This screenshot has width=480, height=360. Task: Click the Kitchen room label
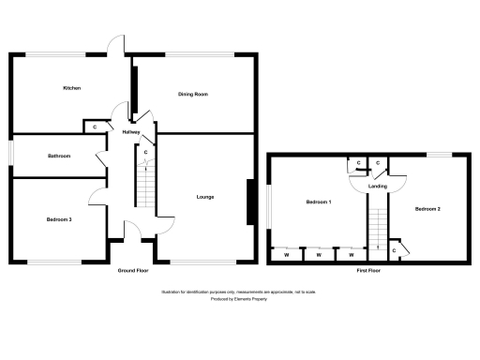point(71,88)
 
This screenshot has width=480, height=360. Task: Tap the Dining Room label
point(192,95)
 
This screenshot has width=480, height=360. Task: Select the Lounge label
point(204,197)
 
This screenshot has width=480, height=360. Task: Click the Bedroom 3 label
point(59,219)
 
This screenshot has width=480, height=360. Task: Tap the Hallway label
point(130,132)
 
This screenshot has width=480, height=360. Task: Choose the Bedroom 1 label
point(318,203)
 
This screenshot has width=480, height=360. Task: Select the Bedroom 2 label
point(427,208)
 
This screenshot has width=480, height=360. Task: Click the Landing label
point(378,187)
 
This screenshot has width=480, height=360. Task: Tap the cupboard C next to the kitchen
point(95,127)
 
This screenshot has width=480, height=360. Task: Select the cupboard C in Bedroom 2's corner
point(396,250)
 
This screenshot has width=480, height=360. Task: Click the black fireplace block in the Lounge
point(249,202)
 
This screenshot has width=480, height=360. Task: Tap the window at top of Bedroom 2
point(440,153)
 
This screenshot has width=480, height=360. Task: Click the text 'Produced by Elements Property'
point(240,297)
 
